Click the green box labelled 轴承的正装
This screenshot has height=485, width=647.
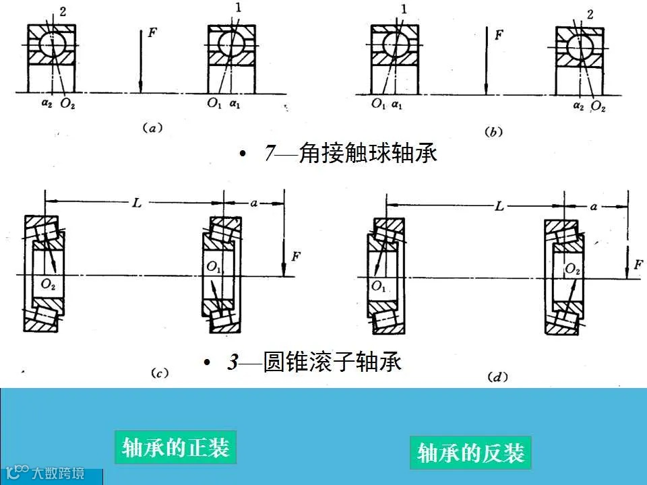tap(175, 447)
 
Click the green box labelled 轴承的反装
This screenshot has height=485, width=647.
tap(470, 453)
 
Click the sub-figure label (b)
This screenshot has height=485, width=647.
tap(494, 133)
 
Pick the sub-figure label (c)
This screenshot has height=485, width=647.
tap(160, 372)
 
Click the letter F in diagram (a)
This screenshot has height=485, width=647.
tap(152, 33)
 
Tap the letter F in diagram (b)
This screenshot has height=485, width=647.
tap(499, 35)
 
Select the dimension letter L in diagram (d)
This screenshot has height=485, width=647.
tap(499, 207)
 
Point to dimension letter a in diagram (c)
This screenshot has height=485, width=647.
tap(254, 202)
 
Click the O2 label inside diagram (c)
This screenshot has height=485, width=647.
tap(48, 284)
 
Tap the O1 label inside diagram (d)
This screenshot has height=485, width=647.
tap(379, 286)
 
